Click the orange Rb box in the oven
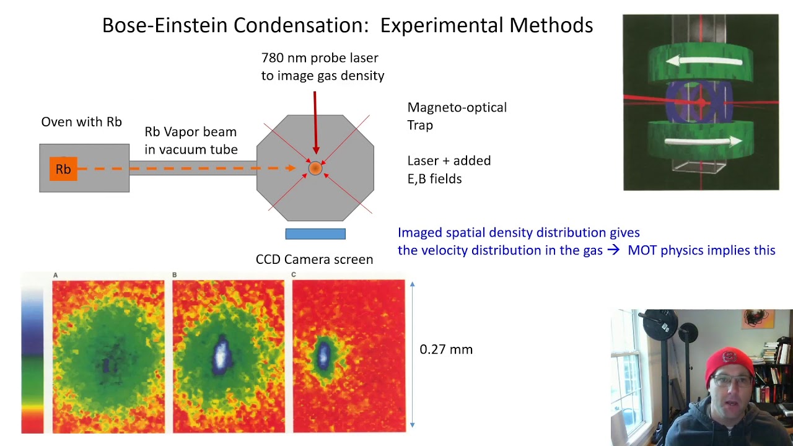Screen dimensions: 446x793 pyautogui.click(x=63, y=169)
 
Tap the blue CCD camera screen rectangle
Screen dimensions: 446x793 pyautogui.click(x=315, y=234)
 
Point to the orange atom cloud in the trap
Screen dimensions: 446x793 pyautogui.click(x=315, y=168)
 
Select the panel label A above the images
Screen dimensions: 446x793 pyautogui.click(x=55, y=275)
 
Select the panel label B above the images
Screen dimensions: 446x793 pyautogui.click(x=175, y=275)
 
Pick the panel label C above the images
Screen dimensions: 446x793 pyautogui.click(x=294, y=275)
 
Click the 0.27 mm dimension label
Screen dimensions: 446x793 pyautogui.click(x=446, y=349)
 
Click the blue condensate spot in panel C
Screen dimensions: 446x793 pyautogui.click(x=323, y=354)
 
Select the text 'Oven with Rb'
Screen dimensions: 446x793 pyautogui.click(x=81, y=122)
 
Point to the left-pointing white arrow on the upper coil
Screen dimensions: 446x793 pyautogui.click(x=704, y=61)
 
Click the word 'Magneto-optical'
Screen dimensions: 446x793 pyautogui.click(x=457, y=107)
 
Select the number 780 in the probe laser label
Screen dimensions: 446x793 pyautogui.click(x=273, y=58)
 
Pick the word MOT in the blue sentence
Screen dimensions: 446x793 pyautogui.click(x=642, y=250)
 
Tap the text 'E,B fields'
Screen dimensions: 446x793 pyautogui.click(x=434, y=179)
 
